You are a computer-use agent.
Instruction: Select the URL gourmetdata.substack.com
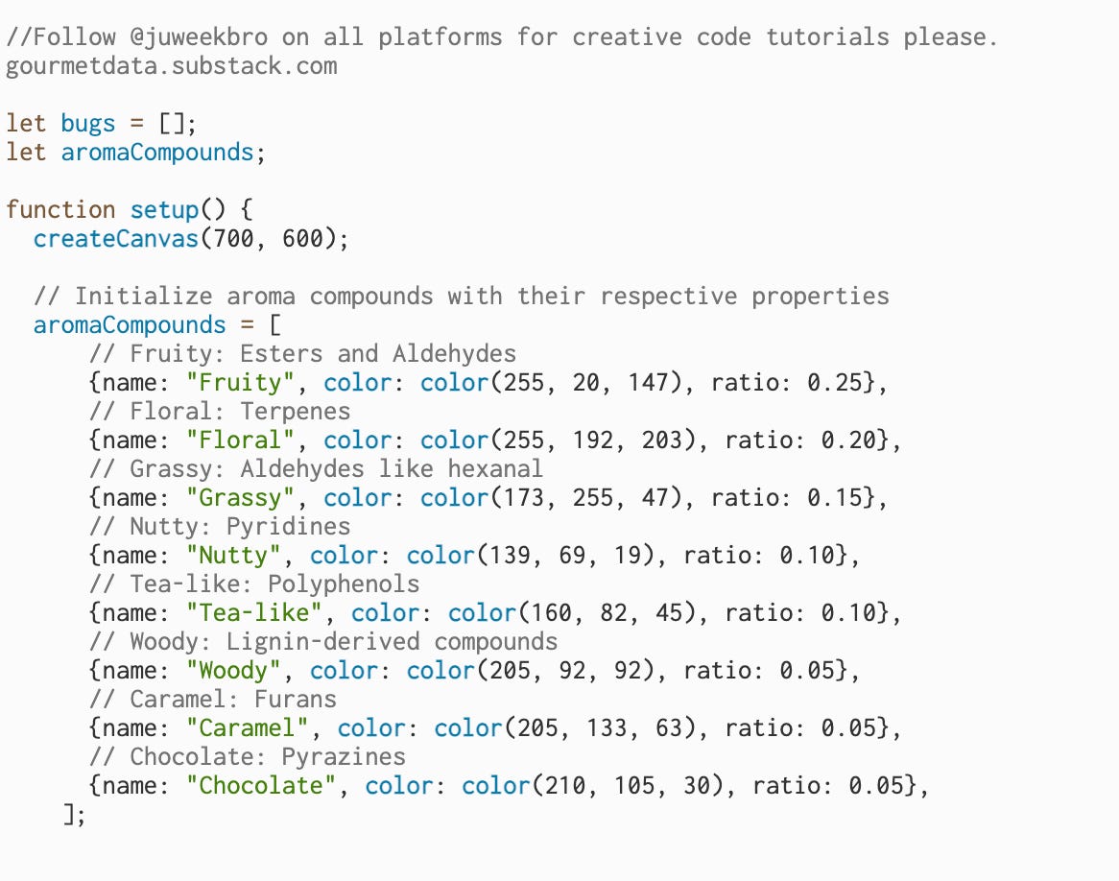pyautogui.click(x=172, y=66)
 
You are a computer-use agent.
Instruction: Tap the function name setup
pyautogui.click(x=157, y=210)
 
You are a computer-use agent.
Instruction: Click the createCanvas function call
pyautogui.click(x=115, y=239)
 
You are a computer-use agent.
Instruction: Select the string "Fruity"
pyautogui.click(x=240, y=383)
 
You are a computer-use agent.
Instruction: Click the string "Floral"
pyautogui.click(x=240, y=440)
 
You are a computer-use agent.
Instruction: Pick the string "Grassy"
pyautogui.click(x=240, y=498)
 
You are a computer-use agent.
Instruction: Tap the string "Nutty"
pyautogui.click(x=233, y=556)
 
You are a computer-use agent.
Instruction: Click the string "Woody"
pyautogui.click(x=233, y=671)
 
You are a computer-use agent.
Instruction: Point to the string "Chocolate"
pyautogui.click(x=261, y=786)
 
